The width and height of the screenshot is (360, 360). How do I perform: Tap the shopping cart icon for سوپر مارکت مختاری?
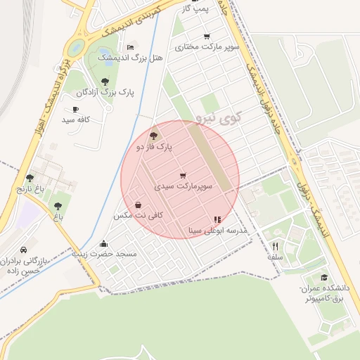coord(206,37)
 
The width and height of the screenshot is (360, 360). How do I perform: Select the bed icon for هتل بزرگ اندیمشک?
coord(131,47)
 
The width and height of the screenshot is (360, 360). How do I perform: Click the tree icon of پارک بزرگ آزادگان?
coord(105,82)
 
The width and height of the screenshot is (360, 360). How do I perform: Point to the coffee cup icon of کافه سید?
coord(76,110)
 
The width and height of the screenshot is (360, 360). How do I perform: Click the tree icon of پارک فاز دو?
coord(155,134)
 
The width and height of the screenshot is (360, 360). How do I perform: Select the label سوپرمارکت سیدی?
coord(184,187)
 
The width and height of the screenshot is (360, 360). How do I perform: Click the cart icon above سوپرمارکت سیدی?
coord(183,175)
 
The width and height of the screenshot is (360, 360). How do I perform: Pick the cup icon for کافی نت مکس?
coord(138,205)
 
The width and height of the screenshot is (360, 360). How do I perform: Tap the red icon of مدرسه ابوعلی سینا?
coord(217,219)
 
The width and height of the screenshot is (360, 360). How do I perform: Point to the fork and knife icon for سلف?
coord(275,246)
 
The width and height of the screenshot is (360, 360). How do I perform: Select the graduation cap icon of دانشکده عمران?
coord(323,278)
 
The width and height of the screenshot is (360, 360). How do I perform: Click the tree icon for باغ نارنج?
coord(30,179)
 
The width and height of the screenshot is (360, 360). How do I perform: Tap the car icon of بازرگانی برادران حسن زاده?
coord(23,250)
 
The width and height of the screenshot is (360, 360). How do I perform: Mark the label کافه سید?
coord(77,120)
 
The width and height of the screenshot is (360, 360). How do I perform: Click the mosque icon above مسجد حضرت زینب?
coord(104,243)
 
